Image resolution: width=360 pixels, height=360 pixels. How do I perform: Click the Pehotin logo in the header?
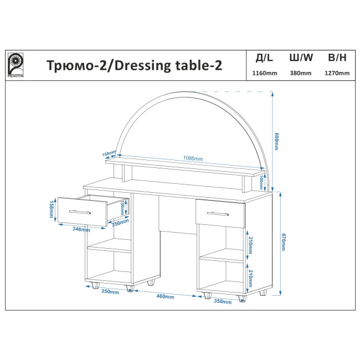(16, 65)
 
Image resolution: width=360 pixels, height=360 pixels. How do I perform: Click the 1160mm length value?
(265, 73)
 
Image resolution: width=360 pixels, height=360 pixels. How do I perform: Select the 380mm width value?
(301, 73)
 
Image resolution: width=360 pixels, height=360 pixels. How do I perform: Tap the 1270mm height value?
(337, 73)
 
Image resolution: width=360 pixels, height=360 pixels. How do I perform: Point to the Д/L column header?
(264, 58)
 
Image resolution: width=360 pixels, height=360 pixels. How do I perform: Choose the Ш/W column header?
(301, 58)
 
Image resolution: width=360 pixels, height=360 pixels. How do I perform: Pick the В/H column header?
(337, 58)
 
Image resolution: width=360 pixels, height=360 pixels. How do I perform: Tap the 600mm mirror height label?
(276, 141)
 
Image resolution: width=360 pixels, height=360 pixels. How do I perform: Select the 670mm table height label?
(283, 242)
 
